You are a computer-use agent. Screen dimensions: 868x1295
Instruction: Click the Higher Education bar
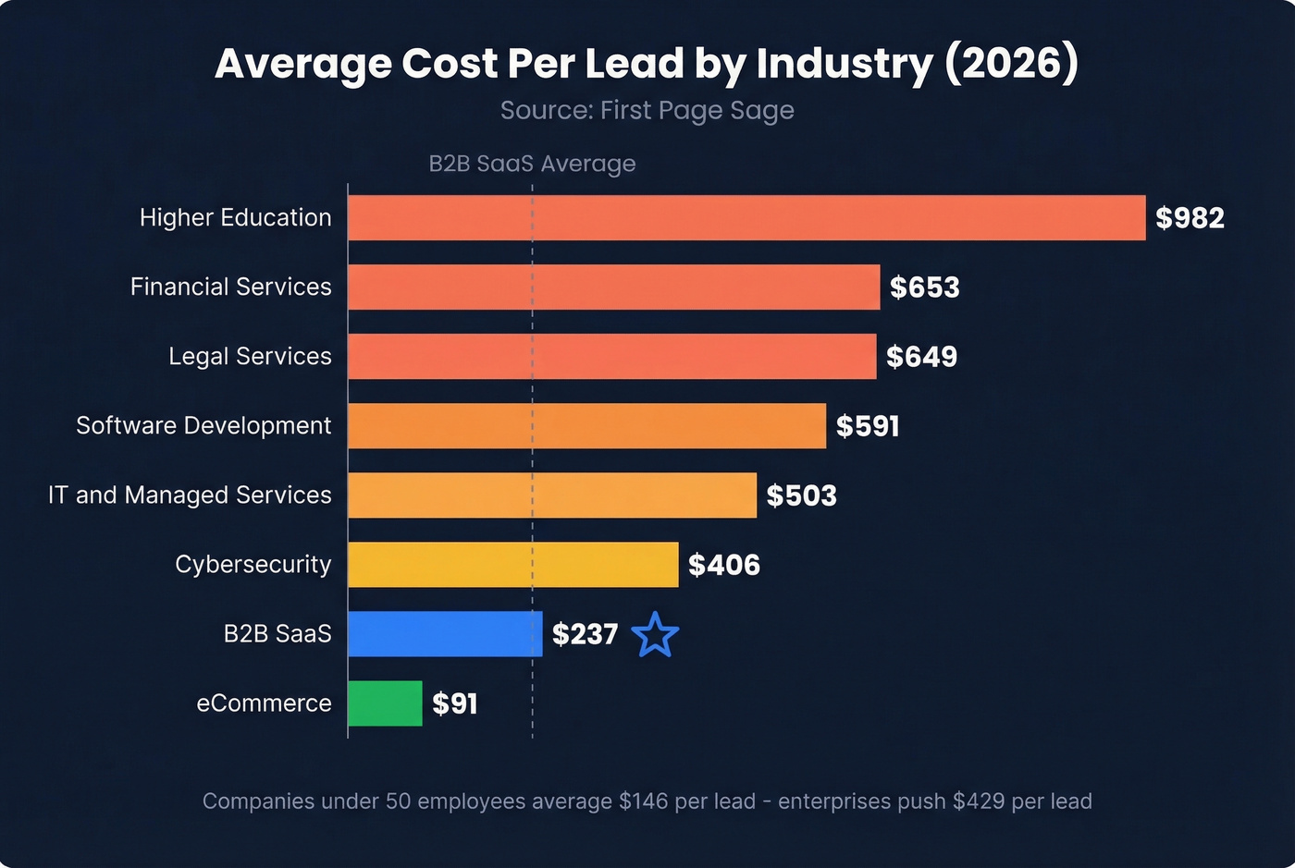(x=746, y=218)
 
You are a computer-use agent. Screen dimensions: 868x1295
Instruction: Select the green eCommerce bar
(x=385, y=703)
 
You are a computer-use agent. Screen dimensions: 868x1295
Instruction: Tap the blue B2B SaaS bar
(x=445, y=634)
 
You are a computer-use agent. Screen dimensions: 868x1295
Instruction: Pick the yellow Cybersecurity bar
(x=512, y=565)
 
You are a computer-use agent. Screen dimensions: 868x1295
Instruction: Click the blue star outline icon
(x=655, y=635)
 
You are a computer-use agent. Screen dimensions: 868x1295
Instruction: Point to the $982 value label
(x=1190, y=218)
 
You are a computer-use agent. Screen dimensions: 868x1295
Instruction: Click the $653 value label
(x=924, y=287)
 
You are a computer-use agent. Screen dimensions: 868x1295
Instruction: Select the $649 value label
(x=921, y=357)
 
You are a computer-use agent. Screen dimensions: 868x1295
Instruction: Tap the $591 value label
(x=868, y=426)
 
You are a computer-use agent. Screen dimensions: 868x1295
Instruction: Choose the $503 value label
(x=801, y=495)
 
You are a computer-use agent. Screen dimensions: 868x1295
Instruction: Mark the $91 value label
(x=455, y=704)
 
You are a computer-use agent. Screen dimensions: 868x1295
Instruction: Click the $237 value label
(x=585, y=634)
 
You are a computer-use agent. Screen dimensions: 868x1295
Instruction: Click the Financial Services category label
(x=230, y=287)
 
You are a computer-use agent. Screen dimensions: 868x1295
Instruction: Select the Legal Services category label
(x=250, y=356)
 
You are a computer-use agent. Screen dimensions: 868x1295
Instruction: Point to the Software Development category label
(x=203, y=425)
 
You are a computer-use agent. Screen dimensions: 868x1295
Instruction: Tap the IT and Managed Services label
(x=190, y=495)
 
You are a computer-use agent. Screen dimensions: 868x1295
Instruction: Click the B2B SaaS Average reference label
(x=532, y=164)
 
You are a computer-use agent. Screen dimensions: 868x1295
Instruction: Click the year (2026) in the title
(x=1012, y=63)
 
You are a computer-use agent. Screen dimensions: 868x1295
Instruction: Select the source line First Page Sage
(x=647, y=110)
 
